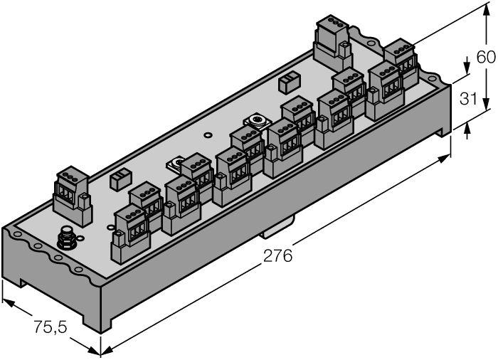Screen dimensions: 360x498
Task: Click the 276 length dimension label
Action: (277, 257)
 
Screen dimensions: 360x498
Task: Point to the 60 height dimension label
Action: (486, 58)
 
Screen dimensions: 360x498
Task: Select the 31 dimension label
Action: (467, 99)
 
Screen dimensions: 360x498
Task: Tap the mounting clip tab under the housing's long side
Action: (277, 229)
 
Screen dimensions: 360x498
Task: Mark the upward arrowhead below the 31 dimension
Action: (467, 131)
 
